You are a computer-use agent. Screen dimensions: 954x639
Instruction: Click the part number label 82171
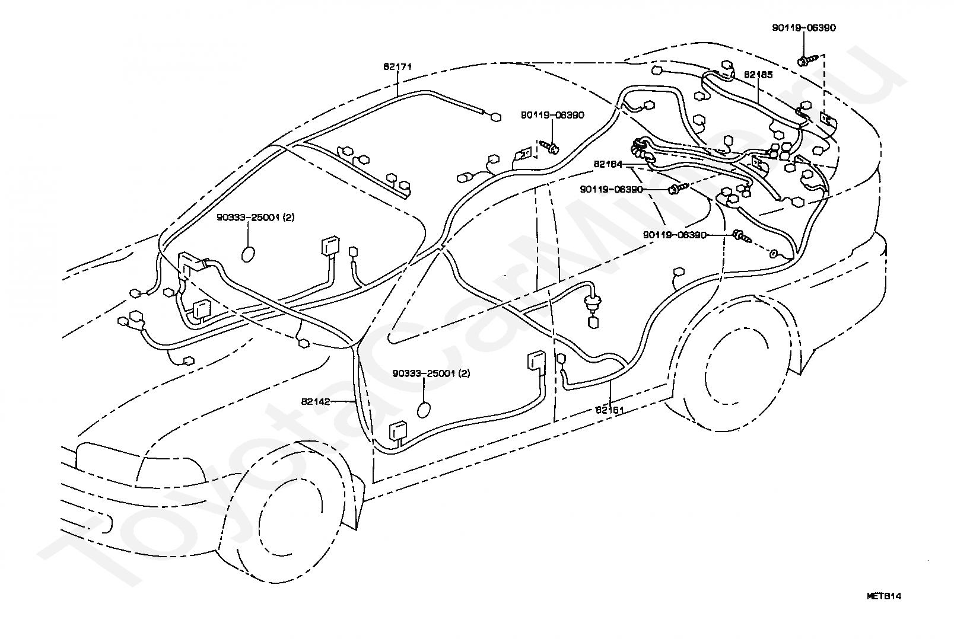[397, 67]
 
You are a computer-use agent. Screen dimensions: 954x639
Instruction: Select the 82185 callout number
[758, 75]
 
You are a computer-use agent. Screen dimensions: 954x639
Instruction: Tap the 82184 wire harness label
[608, 164]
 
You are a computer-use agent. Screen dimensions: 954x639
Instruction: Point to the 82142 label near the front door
[316, 401]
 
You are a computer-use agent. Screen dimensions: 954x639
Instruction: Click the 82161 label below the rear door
[610, 410]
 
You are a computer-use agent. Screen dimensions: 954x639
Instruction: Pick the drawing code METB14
[884, 596]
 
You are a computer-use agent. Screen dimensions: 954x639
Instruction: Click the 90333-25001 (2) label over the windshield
[256, 218]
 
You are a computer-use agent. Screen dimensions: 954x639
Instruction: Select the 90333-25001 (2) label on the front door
[431, 373]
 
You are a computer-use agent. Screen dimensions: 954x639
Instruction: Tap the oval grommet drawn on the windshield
[249, 254]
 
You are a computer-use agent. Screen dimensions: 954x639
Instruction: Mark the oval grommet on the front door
[424, 410]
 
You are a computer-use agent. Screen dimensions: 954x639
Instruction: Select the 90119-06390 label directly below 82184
[612, 189]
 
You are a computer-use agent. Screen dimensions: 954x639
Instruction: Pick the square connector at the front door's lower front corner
[397, 430]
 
